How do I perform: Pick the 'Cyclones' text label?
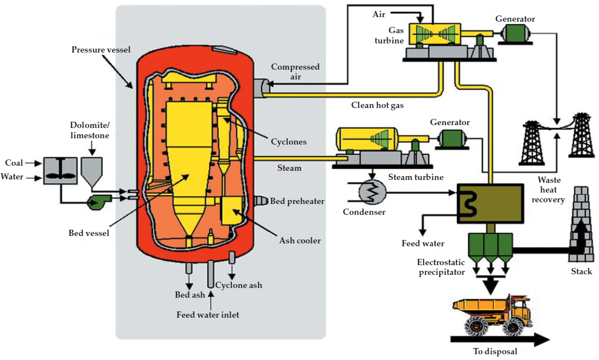pyautogui.click(x=288, y=142)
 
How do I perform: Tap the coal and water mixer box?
pyautogui.click(x=59, y=170)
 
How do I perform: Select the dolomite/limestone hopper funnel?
pyautogui.click(x=91, y=170)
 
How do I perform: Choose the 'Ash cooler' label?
pyautogui.click(x=300, y=241)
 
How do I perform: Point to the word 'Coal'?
pyautogui.click(x=14, y=163)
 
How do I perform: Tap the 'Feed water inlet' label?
pyautogui.click(x=208, y=315)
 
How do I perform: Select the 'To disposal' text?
pyautogui.click(x=495, y=351)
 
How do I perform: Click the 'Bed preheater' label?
pyautogui.click(x=297, y=201)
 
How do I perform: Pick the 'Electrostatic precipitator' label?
pyautogui.click(x=442, y=267)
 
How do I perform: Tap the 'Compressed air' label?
pyautogui.click(x=295, y=71)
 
